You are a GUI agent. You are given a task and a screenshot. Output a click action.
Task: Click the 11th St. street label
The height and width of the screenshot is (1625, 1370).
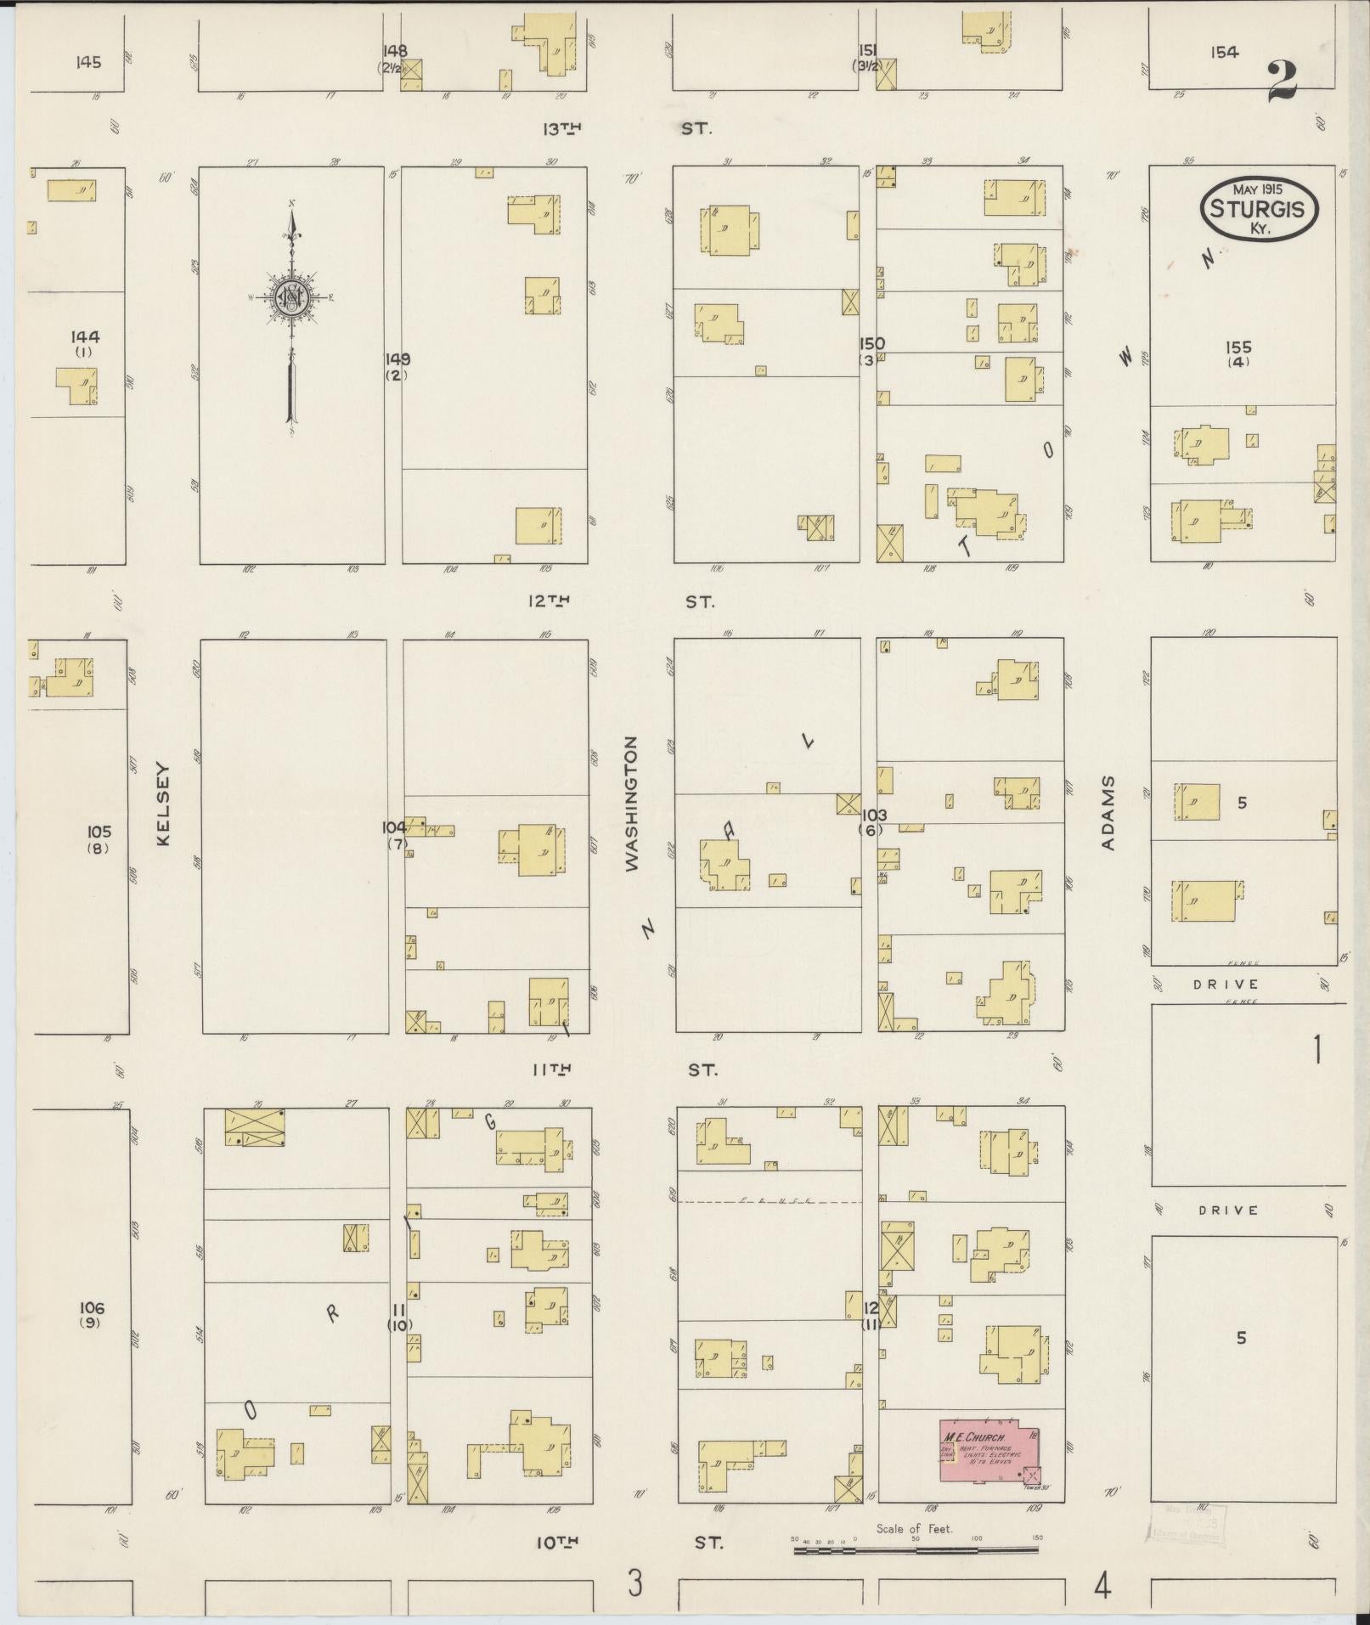click(x=625, y=1069)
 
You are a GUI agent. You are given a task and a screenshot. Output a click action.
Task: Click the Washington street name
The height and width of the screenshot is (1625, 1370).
click(x=631, y=803)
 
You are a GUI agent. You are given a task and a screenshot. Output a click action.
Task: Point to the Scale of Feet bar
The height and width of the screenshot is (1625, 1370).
click(x=916, y=1550)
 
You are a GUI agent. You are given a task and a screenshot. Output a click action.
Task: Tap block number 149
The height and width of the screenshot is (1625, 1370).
click(x=397, y=358)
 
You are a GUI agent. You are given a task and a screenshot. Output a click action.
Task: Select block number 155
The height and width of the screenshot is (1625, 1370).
click(x=1238, y=347)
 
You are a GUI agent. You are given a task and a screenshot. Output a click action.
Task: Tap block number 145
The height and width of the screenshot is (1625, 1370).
click(x=87, y=61)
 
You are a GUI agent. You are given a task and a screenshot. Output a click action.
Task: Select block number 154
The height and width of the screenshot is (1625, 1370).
click(x=1224, y=53)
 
